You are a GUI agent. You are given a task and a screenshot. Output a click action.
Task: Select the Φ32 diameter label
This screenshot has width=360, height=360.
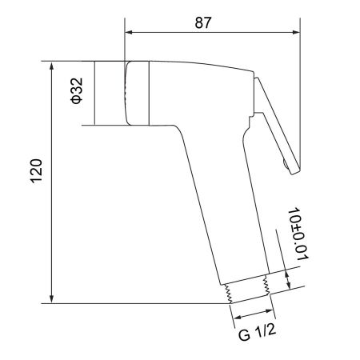click(74, 92)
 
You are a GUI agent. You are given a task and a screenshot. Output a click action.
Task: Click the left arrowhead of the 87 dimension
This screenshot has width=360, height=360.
click(130, 34)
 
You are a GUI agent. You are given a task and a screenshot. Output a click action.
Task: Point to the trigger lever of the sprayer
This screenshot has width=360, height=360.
click(277, 120)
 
